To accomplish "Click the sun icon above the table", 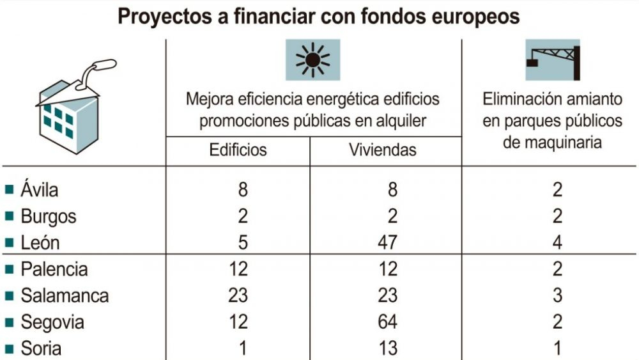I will (x=312, y=60).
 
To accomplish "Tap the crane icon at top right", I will (x=552, y=60).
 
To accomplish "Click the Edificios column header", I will (x=238, y=150).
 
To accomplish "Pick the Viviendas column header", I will (x=383, y=150).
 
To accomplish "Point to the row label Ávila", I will (x=40, y=190).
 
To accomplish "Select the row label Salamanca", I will (x=65, y=295).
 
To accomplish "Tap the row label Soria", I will (x=42, y=348).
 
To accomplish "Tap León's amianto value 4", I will (x=557, y=242).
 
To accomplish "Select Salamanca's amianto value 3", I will (x=557, y=295).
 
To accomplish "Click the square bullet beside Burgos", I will (x=9, y=216).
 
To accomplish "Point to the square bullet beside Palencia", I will (x=9, y=269).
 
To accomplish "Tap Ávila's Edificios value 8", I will (x=241, y=190).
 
